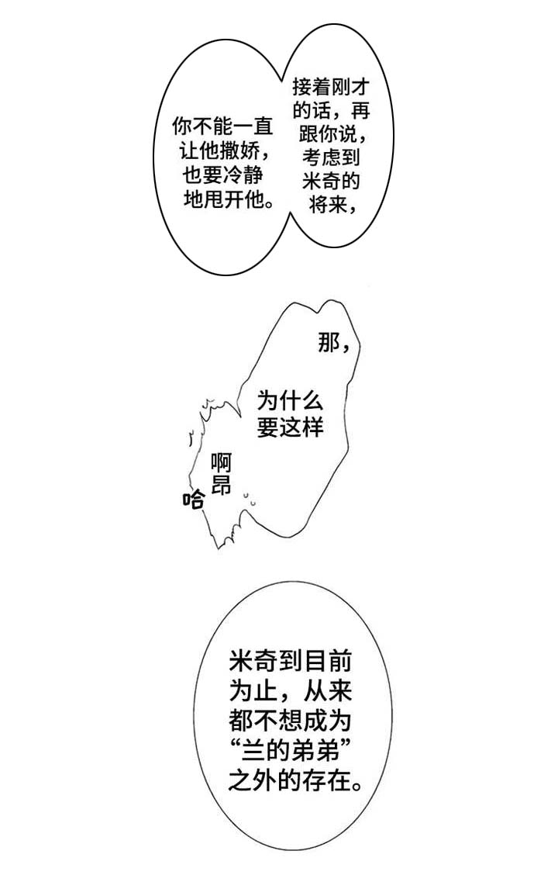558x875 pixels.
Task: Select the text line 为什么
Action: point(290,401)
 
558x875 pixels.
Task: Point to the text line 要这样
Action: point(290,427)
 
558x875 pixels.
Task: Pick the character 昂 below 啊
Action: point(222,486)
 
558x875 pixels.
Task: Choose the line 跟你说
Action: point(331,133)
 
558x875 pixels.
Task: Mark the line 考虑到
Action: point(331,158)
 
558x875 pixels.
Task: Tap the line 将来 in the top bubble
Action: point(325,206)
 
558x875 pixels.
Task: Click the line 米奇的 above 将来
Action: point(331,182)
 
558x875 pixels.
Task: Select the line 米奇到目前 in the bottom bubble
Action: point(291,662)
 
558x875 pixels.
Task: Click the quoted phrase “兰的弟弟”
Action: point(291,750)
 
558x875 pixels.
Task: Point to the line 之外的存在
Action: point(294,780)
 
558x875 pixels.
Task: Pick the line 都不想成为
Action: point(291,721)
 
